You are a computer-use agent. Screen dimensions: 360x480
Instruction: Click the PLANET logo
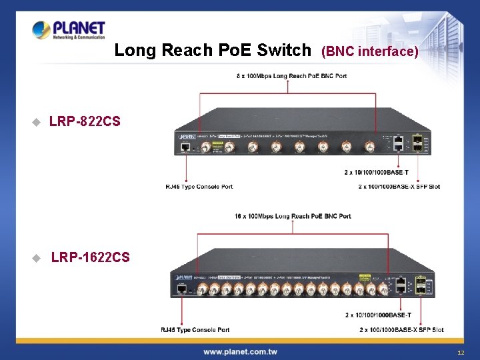69,30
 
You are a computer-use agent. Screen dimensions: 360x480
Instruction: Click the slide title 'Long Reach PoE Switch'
213,50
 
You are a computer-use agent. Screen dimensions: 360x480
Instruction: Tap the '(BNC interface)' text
370,51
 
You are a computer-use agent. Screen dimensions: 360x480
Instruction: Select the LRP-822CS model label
85,121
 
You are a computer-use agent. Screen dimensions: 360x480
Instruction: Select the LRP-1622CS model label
91,257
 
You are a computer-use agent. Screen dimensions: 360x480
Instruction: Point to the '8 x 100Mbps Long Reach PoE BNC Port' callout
291,76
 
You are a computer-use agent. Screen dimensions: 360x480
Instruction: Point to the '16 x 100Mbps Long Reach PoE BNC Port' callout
293,217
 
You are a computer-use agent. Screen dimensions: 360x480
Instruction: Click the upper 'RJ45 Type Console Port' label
199,187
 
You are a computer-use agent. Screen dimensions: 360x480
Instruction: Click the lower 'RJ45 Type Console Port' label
195,330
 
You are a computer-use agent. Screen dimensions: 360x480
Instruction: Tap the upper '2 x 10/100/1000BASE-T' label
377,173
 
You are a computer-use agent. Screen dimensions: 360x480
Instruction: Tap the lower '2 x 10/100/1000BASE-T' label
378,315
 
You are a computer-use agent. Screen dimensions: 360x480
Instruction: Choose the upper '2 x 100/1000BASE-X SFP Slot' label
399,187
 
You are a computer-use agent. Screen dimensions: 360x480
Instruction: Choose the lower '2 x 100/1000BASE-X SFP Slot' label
401,330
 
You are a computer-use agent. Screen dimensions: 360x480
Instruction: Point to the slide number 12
461,352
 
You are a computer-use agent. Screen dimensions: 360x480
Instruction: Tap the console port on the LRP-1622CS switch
181,289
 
